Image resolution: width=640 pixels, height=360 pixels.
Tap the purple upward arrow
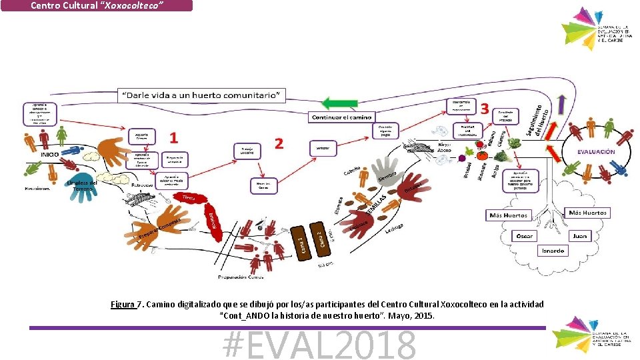tap(561, 105)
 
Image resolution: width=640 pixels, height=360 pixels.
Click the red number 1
tap(174, 138)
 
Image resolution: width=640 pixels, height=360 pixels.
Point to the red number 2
tap(279, 143)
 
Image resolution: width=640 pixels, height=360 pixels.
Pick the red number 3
tap(485, 107)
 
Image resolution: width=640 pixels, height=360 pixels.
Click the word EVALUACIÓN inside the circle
tap(596, 151)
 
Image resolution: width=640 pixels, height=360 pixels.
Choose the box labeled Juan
tap(580, 236)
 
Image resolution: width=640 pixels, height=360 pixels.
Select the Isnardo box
tap(553, 251)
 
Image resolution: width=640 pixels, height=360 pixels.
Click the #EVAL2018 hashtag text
tap(320, 345)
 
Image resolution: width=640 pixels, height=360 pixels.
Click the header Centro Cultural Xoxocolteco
tap(97, 5)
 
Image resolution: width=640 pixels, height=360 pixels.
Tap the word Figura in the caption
tap(123, 305)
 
